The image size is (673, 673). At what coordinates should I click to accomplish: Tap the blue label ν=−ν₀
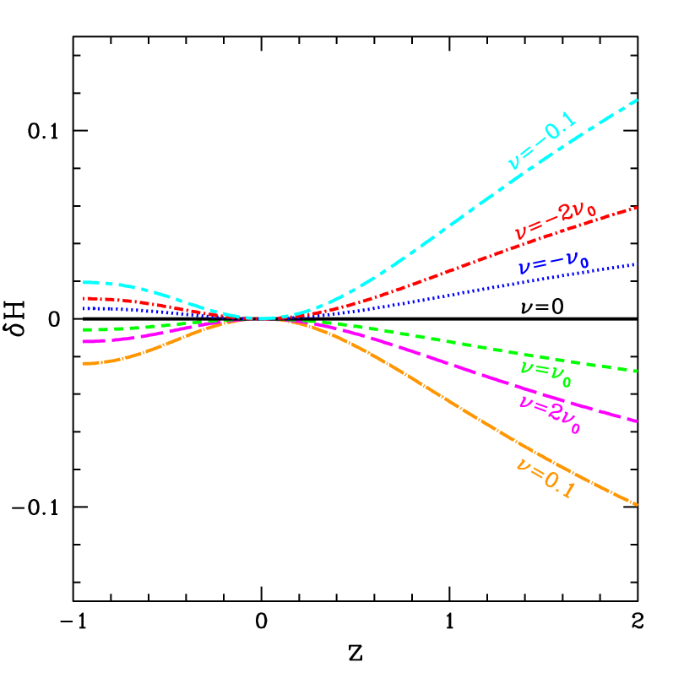pos(553,263)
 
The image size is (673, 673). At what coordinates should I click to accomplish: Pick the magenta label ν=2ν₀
pos(550,413)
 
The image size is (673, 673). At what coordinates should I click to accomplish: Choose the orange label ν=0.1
pos(545,478)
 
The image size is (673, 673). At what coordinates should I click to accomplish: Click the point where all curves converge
pos(263,318)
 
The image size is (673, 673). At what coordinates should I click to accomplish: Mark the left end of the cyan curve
pos(84,282)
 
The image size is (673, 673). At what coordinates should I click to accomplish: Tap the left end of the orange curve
pos(84,363)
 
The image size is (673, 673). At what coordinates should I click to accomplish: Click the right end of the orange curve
pos(637,505)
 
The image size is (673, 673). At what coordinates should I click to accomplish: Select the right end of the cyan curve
pos(637,100)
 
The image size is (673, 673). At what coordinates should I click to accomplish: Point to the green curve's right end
pos(637,371)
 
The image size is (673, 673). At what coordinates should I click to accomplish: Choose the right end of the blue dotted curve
pos(637,264)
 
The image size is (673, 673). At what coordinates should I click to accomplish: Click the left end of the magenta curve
pos(84,341)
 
